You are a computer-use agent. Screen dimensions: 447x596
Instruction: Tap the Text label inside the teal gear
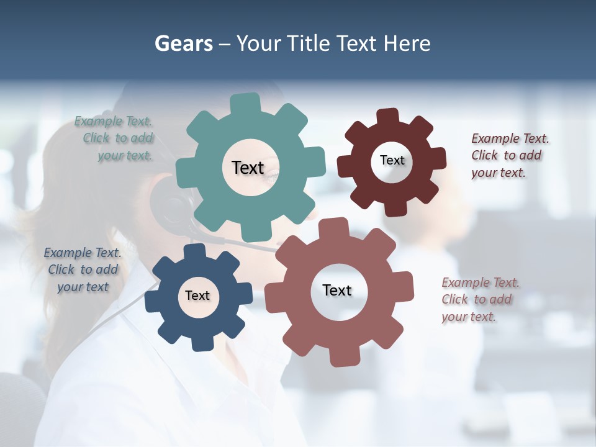tap(248, 168)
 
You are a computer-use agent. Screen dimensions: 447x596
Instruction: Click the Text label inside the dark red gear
tap(392, 160)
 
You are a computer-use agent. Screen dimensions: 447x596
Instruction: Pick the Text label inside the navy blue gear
tap(197, 296)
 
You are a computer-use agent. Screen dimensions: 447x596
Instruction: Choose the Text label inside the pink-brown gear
tap(337, 290)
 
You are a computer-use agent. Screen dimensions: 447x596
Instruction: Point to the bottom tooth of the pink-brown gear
tap(343, 356)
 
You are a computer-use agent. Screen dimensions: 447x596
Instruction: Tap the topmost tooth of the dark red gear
tap(388, 115)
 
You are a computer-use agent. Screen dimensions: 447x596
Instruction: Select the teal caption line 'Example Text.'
tap(113, 121)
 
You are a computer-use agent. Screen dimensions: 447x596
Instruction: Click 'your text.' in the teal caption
tap(125, 156)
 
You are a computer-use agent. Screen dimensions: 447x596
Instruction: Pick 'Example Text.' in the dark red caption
tap(510, 138)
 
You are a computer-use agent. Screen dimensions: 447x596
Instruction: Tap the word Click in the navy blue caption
tap(61, 269)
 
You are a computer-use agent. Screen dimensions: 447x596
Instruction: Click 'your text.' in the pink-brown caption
tap(469, 317)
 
